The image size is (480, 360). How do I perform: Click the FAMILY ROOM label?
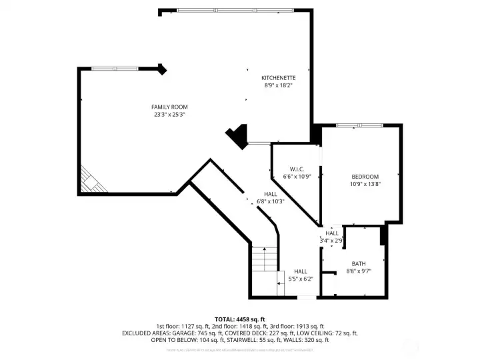(169, 107)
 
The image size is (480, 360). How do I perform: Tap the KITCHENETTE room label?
(278, 78)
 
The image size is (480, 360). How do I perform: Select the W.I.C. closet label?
(297, 169)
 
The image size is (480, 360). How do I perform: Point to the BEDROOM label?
(365, 176)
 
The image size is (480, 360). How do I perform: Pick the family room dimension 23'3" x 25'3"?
(169, 115)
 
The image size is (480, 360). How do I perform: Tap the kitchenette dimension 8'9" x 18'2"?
(278, 85)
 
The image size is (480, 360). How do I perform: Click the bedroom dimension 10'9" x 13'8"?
(365, 184)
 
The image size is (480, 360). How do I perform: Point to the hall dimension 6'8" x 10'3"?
(270, 201)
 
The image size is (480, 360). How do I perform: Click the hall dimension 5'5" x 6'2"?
(301, 279)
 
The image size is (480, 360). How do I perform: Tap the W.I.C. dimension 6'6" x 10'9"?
(297, 177)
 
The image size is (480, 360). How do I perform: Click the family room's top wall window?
(115, 68)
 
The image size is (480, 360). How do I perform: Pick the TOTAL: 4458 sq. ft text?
(239, 319)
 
